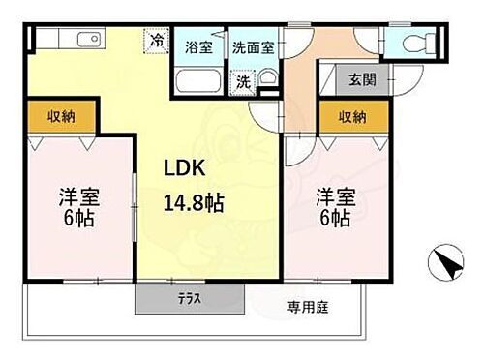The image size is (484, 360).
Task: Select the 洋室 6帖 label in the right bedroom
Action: [x=334, y=206]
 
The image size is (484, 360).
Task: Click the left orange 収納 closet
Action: [x=62, y=117]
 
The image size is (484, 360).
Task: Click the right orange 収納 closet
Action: [x=352, y=116]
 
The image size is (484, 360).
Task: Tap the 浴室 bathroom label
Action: [x=198, y=44]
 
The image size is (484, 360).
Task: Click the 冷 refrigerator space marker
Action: [x=157, y=43]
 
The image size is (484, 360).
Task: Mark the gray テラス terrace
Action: [x=190, y=299]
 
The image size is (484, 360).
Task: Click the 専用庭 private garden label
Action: [x=308, y=306]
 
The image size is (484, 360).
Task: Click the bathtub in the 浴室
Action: [x=199, y=77]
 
